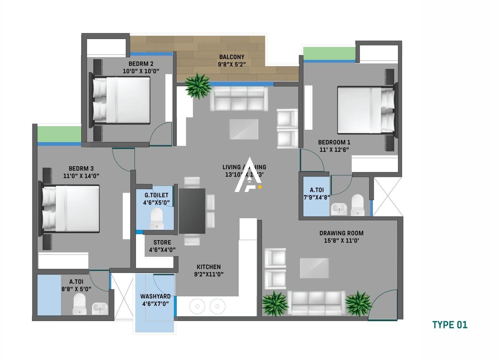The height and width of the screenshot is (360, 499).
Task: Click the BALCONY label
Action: (x=231, y=57)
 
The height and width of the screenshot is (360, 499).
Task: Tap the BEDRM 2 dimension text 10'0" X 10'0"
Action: (x=141, y=71)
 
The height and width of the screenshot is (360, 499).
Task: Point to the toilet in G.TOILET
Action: (x=157, y=218)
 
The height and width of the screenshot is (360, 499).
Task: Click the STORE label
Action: (x=162, y=243)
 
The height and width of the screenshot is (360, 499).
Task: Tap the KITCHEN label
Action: (x=209, y=267)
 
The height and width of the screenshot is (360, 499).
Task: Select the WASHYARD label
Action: (x=155, y=296)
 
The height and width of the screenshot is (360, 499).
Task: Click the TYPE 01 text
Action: (x=450, y=325)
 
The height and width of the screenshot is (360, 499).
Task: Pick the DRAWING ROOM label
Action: (x=341, y=233)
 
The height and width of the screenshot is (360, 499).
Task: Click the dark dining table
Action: (x=192, y=211)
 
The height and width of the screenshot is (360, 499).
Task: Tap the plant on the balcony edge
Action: (x=197, y=85)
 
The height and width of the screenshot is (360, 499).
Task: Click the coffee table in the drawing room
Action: (x=314, y=268)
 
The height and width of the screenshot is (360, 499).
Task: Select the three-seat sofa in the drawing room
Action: (x=316, y=302)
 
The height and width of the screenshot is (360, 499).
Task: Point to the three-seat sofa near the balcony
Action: (x=239, y=98)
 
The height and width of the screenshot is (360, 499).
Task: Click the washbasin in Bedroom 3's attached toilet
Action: (x=100, y=308)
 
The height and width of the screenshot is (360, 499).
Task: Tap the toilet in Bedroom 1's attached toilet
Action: (x=357, y=205)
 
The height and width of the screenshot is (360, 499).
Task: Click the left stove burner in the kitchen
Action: (x=197, y=306)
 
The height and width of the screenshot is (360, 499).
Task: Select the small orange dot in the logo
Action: (x=260, y=187)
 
